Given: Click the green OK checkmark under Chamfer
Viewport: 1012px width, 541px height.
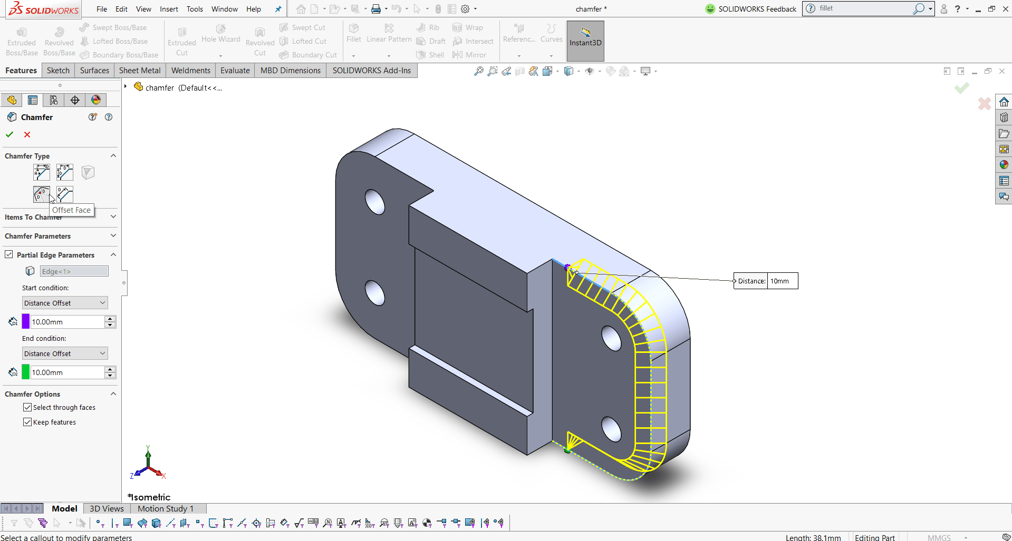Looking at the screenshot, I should coord(9,135).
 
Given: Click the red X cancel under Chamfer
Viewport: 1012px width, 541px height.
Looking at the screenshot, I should coord(27,135).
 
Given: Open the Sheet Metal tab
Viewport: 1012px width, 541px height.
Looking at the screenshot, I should coord(140,71).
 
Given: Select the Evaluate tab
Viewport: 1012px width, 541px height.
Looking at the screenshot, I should coord(235,71).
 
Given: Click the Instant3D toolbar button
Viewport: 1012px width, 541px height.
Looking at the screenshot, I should coord(585,41).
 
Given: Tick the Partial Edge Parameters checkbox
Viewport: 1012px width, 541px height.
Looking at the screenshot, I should coord(9,254).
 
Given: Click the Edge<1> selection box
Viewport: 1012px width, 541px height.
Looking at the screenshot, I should coord(74,271).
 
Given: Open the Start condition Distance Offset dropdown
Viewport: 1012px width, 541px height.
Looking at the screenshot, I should coord(65,303).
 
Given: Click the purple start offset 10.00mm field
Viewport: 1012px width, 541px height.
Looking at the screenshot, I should coord(67,322).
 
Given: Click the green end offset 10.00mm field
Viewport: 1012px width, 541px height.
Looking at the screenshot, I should coord(67,372).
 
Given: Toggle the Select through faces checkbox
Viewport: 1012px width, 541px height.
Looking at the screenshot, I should coord(27,407).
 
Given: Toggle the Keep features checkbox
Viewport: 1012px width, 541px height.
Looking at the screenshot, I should coord(27,422).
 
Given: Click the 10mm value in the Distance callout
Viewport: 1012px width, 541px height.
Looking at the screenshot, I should coord(782,281).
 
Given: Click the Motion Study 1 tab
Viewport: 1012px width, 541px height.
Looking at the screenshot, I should coord(166,508).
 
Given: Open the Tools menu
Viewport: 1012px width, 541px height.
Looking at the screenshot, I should coord(195,9).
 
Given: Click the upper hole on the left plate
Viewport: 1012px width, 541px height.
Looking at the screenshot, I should coord(375,202).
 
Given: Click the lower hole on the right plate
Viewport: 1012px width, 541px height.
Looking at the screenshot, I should coord(612,429).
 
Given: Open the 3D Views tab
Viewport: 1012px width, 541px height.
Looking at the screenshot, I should coord(107,508).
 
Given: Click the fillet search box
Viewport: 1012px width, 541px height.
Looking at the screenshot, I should coord(865,8).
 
